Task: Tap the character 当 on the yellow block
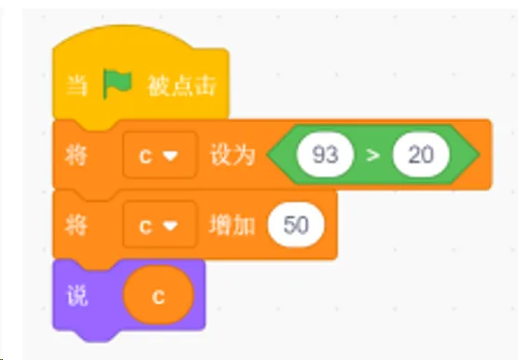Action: point(77,87)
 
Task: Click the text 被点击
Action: point(182,87)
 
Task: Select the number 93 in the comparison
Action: point(325,155)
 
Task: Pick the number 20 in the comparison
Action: point(421,155)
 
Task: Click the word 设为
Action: point(232,155)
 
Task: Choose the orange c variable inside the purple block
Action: point(159,296)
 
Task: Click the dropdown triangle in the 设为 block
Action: point(172,156)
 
